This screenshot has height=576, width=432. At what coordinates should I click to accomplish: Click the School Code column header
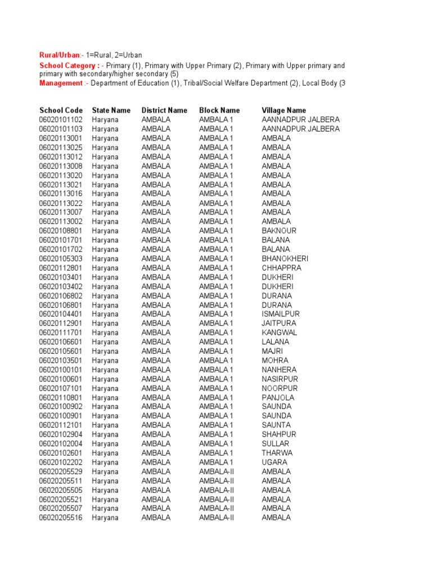61,110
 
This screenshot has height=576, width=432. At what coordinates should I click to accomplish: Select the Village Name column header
284,110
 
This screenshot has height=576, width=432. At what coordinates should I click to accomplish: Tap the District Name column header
164,110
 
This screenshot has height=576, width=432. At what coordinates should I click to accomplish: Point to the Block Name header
219,110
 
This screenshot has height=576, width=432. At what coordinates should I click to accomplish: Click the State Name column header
111,110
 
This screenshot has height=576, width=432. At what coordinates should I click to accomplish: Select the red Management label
61,83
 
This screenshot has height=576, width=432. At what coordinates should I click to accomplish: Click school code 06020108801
61,231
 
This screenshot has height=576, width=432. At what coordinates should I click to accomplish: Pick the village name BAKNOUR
279,231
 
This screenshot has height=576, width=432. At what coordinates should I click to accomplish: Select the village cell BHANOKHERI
285,259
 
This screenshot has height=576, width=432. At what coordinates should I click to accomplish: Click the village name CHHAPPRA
281,268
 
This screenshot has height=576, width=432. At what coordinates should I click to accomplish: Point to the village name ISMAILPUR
281,314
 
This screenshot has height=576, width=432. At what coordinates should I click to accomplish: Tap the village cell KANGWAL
280,332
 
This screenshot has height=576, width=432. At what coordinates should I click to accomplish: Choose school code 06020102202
61,462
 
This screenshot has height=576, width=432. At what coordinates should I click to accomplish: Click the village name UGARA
274,462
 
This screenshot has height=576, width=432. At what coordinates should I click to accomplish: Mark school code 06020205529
61,471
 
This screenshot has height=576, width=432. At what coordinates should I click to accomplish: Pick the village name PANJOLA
278,398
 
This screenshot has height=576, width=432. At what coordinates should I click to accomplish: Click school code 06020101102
61,120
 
